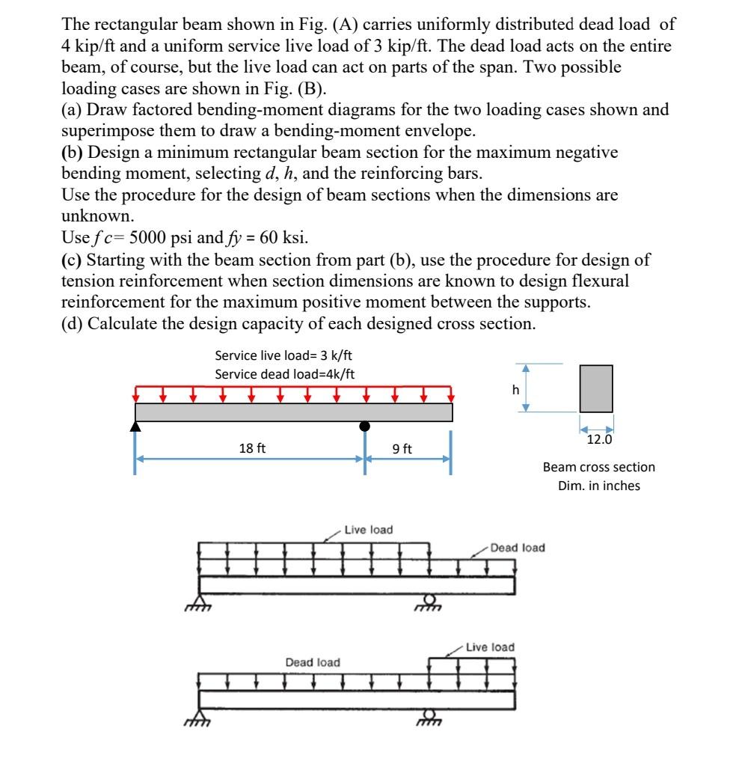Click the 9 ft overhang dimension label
point(402,449)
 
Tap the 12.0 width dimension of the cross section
point(598,440)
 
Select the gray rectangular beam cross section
point(596,388)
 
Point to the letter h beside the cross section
point(515,388)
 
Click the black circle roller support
point(364,426)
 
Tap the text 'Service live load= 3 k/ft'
point(285,355)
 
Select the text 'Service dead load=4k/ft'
point(285,373)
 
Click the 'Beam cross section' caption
point(598,467)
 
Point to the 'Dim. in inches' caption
point(598,485)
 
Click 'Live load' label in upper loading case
point(368,530)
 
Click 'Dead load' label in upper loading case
point(518,548)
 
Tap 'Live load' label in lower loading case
point(490,647)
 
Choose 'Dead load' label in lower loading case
point(312,662)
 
